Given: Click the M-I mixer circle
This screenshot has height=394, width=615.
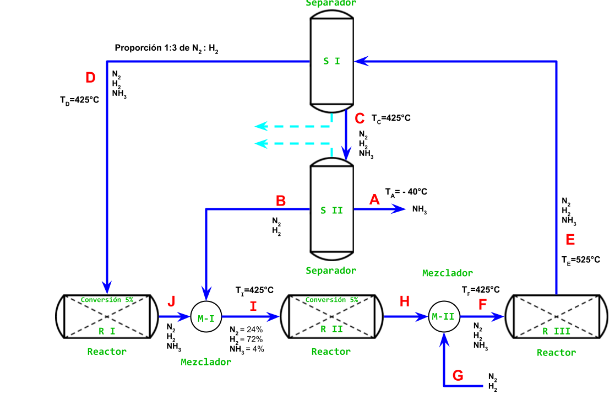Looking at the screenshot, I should [x=205, y=317].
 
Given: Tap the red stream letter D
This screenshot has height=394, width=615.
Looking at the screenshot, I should [x=91, y=78].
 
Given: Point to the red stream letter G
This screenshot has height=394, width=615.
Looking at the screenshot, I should [x=458, y=376].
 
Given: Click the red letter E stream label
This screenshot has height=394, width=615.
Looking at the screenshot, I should [x=570, y=240].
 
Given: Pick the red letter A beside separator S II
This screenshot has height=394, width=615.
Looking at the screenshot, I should [x=374, y=200].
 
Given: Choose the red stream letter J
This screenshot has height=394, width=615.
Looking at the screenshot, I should [x=171, y=301].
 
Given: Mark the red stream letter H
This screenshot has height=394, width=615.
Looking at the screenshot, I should [x=405, y=301].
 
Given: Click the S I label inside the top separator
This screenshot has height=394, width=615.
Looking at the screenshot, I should [x=331, y=61].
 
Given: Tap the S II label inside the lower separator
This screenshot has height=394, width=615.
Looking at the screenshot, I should [x=331, y=210].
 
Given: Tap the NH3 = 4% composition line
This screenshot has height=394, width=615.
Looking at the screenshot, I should [x=247, y=349].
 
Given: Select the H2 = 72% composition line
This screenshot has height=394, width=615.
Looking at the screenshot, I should [x=246, y=339].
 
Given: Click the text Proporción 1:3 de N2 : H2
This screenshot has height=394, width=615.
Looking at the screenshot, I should [x=167, y=48].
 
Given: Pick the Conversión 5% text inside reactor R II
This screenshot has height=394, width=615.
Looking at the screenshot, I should [x=331, y=300].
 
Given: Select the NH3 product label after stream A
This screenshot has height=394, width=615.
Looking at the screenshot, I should [x=420, y=210].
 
